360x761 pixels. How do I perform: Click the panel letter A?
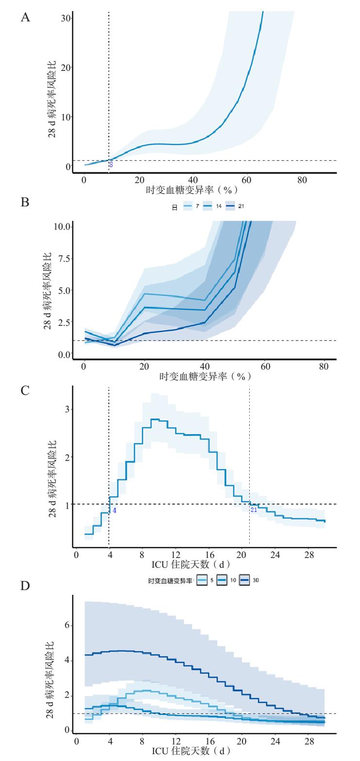[25, 18]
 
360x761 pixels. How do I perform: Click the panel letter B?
[25, 202]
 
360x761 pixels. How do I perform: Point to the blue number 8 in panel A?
[111, 165]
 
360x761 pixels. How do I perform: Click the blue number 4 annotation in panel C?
[114, 510]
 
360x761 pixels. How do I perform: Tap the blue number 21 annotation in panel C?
[254, 510]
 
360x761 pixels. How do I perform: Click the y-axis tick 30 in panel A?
[65, 18]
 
